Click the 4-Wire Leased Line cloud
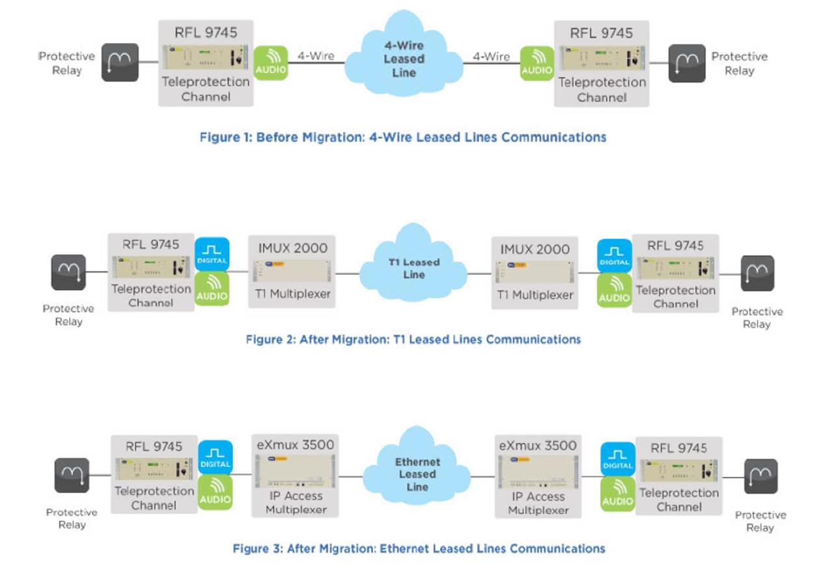pos(404,54)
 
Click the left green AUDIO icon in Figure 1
pos(271,63)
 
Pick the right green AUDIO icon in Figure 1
pos(537,63)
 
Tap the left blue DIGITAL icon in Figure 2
pos(212,254)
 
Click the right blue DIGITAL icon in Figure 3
pos(618,459)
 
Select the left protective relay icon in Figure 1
pos(120,62)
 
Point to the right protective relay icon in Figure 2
pos(757,274)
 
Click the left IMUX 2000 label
pos(292,248)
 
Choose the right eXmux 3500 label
pos(538,446)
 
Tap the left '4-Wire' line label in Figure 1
pos(316,56)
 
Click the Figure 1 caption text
pos(403,137)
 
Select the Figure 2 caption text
pos(413,339)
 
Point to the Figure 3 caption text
pos(419,548)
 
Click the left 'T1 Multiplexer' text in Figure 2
pos(292,294)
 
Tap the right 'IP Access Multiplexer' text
pos(538,503)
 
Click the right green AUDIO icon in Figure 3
pos(618,494)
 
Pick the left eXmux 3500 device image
pos(295,471)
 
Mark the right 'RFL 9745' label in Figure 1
pos(602,33)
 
